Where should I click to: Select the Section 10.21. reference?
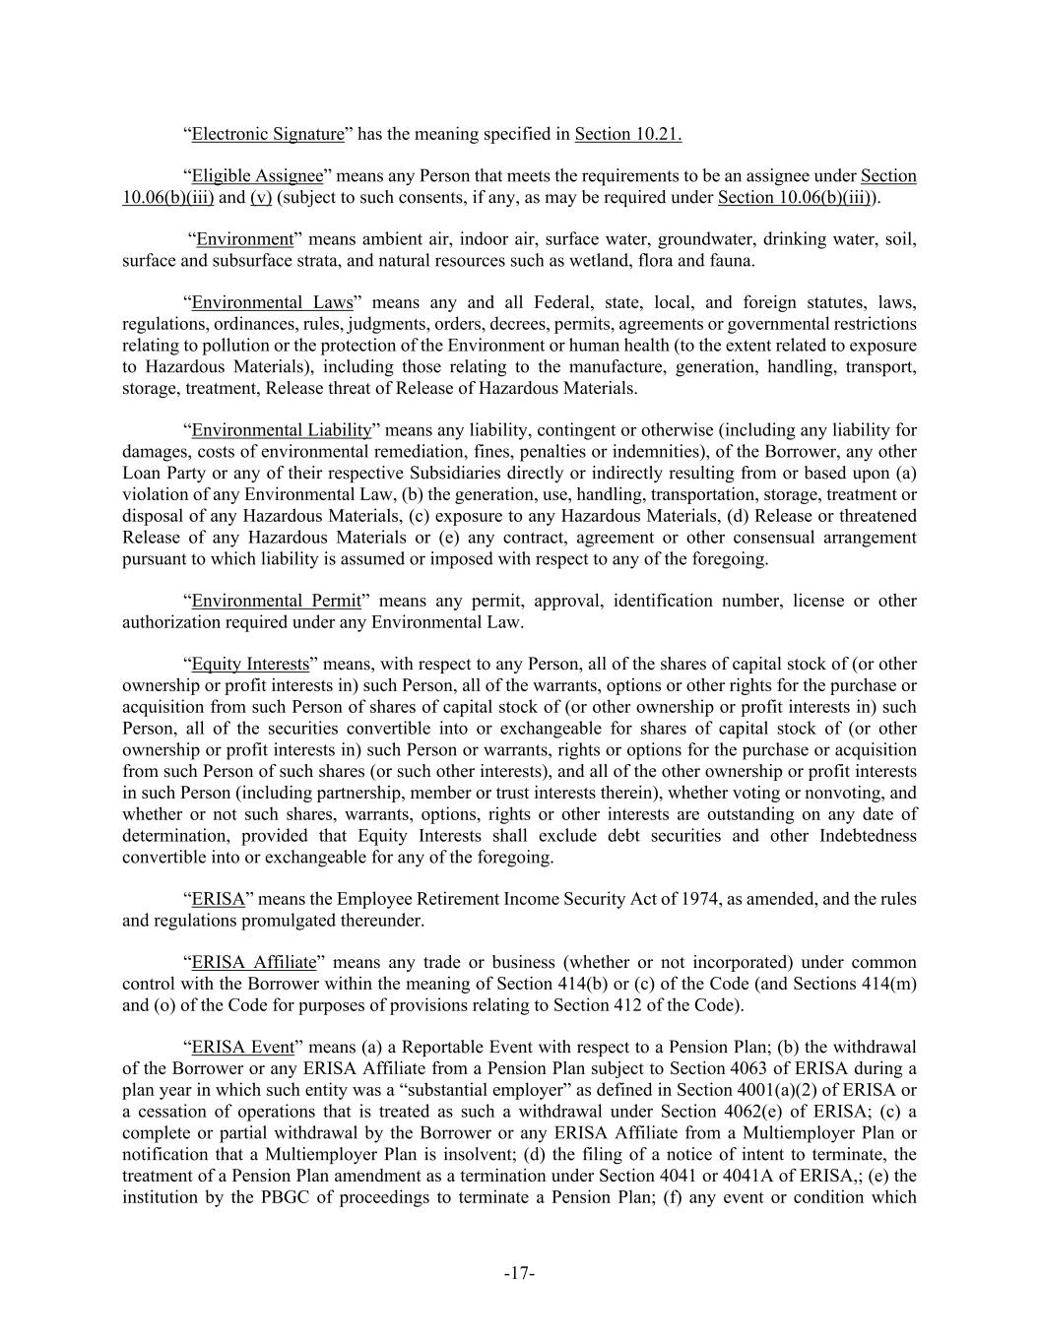[628, 134]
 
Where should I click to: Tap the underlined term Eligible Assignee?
[257, 176]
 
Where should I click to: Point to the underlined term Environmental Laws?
[272, 303]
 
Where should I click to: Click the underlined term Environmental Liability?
[282, 430]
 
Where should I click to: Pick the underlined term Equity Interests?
[250, 665]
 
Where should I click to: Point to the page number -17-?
[519, 1274]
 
